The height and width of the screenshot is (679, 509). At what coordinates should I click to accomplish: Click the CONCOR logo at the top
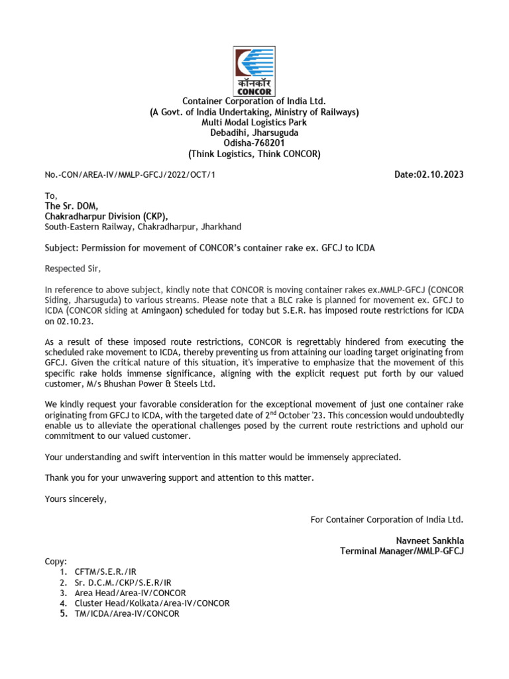[254, 72]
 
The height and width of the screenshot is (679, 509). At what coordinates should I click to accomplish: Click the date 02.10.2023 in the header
[429, 175]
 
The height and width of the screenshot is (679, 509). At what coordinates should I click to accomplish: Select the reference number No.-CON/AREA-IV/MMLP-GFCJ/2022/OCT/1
[130, 175]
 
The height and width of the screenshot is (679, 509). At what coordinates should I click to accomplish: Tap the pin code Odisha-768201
[254, 143]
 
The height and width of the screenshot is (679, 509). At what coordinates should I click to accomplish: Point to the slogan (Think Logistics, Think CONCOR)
[254, 154]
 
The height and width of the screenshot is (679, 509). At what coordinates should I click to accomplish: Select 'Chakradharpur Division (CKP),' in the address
[107, 216]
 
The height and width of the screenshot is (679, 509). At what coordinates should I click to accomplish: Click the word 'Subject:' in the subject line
[62, 248]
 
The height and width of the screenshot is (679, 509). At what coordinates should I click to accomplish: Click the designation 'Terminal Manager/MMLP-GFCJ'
[402, 551]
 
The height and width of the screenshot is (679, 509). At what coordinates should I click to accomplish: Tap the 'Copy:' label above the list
[56, 561]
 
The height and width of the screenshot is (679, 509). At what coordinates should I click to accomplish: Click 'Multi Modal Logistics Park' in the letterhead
[254, 123]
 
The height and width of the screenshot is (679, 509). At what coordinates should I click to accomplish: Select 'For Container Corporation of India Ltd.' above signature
[387, 519]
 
